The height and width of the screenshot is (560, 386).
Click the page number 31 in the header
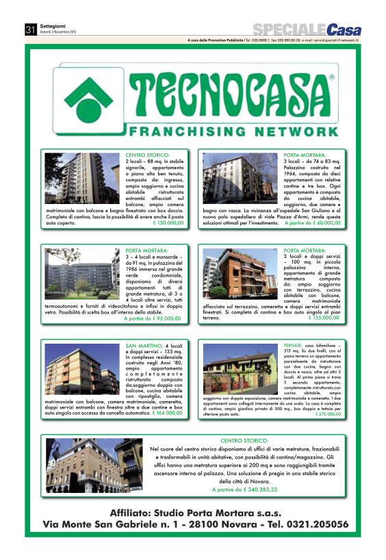coord(30,29)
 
